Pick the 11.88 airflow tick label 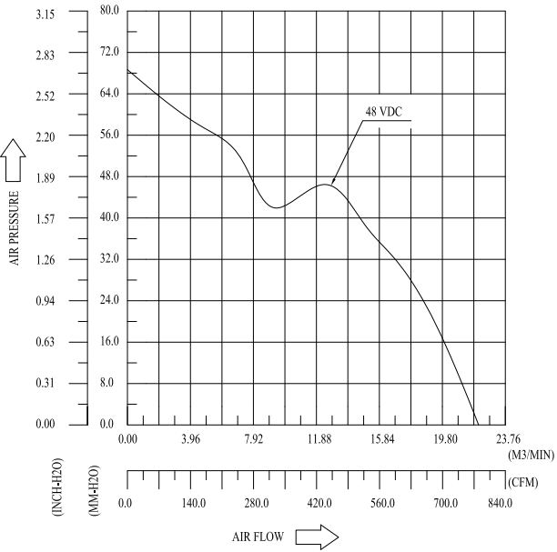(x=319, y=438)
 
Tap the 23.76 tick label (x=508, y=438)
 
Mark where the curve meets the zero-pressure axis (x=476, y=424)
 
